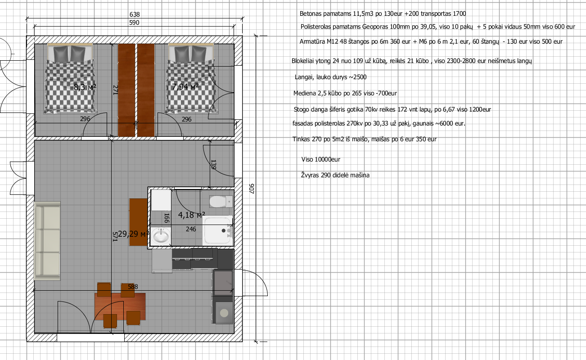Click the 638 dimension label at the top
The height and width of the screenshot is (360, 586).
(135, 14)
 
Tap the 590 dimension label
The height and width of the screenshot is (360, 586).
(134, 23)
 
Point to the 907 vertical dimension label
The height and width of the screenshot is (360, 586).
(252, 189)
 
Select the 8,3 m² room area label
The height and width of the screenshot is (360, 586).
(85, 87)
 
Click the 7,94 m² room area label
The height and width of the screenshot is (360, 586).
(185, 86)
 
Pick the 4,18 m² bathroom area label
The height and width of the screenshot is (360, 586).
(191, 215)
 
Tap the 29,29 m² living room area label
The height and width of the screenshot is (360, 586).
(133, 234)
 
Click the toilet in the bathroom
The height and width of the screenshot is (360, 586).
(221, 202)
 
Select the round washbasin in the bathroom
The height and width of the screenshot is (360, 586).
(161, 236)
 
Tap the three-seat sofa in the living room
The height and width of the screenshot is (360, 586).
(47, 241)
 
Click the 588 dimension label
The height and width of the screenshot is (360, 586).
(133, 287)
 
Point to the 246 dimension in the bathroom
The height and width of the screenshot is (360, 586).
(191, 229)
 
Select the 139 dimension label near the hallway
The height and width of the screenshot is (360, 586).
(213, 165)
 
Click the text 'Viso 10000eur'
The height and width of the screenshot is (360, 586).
(321, 160)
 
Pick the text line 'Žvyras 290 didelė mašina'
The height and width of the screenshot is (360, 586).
(335, 175)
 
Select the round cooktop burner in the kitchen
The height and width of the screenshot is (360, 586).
(224, 313)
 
